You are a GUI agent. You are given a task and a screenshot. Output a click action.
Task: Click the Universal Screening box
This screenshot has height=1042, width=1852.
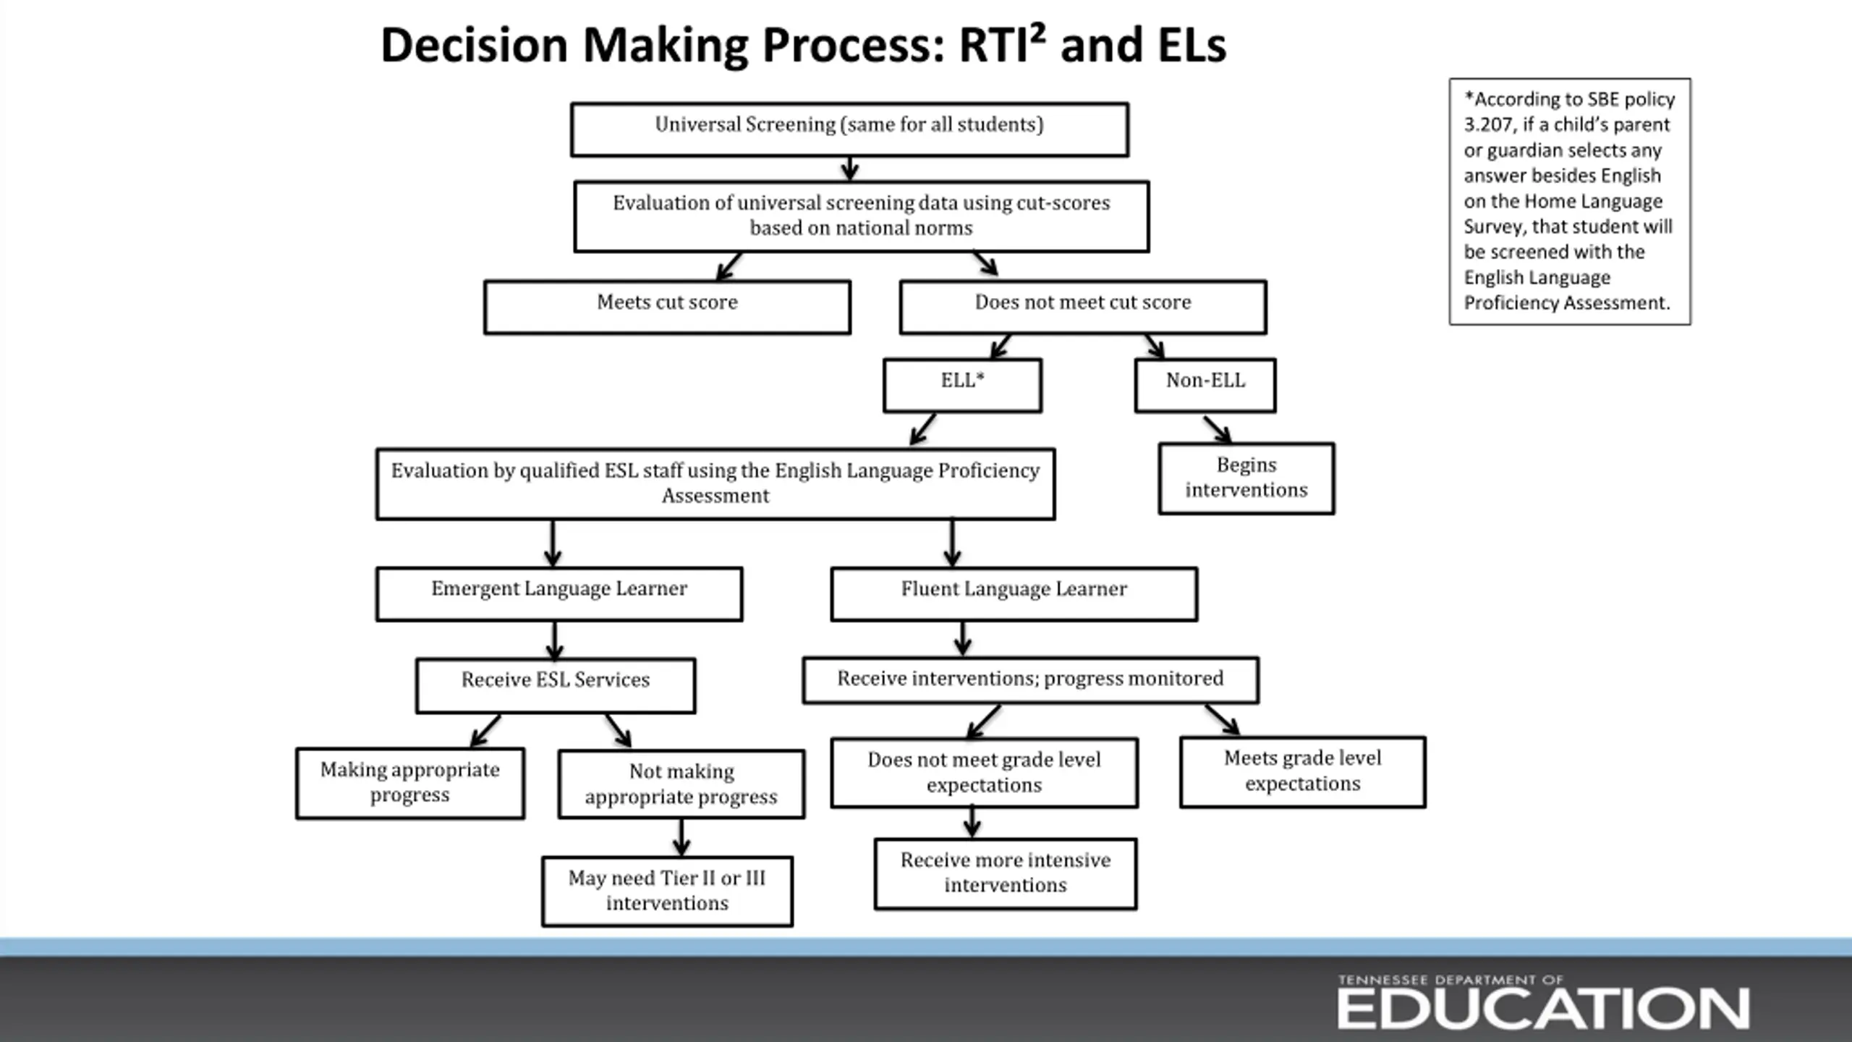pos(849,130)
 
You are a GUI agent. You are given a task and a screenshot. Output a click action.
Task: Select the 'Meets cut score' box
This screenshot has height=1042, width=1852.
pos(667,307)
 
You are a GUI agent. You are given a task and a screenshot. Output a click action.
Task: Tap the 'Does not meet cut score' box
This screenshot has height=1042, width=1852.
pos(1083,307)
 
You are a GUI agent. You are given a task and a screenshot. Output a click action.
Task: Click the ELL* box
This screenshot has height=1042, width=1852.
pos(962,385)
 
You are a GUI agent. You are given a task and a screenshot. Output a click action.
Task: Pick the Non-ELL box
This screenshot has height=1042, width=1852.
pos(1205,385)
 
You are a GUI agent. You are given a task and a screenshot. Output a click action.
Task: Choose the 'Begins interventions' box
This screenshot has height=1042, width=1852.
pos(1246,478)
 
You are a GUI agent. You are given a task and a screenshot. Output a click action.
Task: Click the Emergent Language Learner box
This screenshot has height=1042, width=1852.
pos(559,593)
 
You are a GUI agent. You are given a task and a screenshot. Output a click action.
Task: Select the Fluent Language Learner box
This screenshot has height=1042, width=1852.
pos(1014,593)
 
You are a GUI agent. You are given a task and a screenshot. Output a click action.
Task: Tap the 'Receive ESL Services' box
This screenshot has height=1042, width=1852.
pos(556,685)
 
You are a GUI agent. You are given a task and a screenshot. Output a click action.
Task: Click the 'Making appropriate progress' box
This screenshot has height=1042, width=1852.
pos(410,783)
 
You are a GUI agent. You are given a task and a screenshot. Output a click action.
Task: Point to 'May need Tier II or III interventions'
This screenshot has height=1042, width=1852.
pos(667,891)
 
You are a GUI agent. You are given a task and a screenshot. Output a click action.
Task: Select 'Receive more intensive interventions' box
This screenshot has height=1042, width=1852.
pos(1006,873)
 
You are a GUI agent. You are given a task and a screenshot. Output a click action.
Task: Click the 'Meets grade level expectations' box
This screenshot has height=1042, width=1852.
pos(1303,772)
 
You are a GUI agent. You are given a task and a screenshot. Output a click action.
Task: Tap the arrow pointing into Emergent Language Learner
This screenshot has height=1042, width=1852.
pos(553,543)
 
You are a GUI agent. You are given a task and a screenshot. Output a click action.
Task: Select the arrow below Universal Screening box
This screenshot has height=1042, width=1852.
pos(850,169)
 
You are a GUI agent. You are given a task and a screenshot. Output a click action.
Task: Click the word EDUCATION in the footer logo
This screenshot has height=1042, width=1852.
pos(1543,1009)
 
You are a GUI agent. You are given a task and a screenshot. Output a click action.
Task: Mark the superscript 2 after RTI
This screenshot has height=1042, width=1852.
pos(1039,33)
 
